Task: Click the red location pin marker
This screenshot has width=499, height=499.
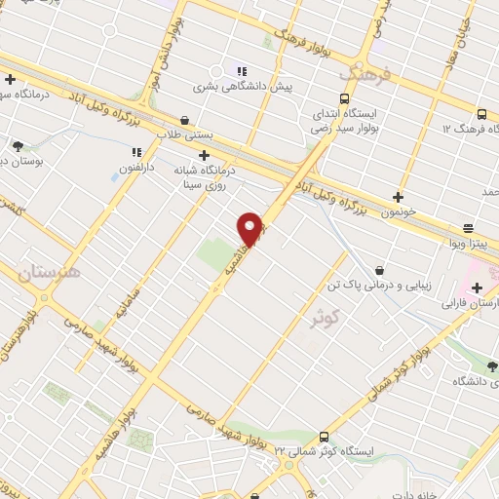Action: (x=251, y=229)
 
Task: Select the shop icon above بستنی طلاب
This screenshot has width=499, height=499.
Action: (x=185, y=121)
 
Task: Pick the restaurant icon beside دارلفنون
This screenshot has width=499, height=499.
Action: (x=136, y=152)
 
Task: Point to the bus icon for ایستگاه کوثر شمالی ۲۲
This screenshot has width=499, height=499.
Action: (x=325, y=437)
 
